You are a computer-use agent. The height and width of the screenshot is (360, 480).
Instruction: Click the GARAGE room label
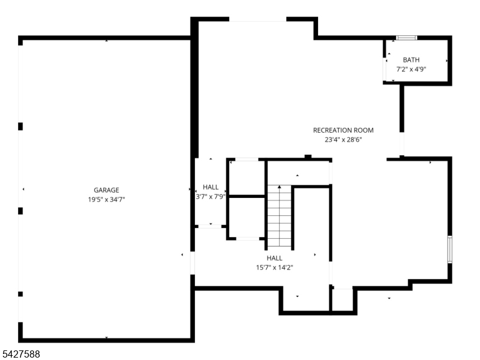tap(106, 190)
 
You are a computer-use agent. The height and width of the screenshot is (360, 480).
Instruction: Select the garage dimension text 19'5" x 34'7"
tap(107, 200)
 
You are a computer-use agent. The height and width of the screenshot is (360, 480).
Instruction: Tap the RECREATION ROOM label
tap(343, 130)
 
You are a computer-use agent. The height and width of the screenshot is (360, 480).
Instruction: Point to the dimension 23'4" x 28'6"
tap(343, 140)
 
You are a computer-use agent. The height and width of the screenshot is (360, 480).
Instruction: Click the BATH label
tap(411, 60)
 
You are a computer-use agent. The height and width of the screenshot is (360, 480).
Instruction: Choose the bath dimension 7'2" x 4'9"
tap(411, 70)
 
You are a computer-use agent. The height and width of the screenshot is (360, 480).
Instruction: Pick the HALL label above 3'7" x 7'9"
tap(211, 187)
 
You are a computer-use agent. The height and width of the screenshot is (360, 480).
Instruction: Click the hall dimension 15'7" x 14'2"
tap(275, 268)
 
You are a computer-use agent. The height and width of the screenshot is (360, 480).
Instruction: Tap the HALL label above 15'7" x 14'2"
tap(275, 258)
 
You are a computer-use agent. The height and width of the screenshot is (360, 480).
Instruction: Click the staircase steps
tap(279, 216)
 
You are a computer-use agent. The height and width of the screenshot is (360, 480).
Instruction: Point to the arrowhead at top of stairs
tap(279, 187)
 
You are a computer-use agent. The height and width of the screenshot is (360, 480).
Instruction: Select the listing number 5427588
tap(20, 354)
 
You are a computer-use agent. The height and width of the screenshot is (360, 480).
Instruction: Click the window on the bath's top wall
tap(407, 38)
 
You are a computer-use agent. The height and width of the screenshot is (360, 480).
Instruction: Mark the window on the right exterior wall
tap(449, 249)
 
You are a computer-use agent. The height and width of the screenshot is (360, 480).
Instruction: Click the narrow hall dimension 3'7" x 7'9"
tap(211, 197)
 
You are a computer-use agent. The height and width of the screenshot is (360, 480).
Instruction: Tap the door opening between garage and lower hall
tap(193, 263)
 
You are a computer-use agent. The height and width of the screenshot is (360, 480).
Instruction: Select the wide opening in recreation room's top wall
tap(258, 19)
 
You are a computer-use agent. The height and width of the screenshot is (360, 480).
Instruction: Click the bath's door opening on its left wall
tap(385, 69)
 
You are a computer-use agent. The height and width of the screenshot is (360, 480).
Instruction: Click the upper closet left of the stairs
tap(247, 178)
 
